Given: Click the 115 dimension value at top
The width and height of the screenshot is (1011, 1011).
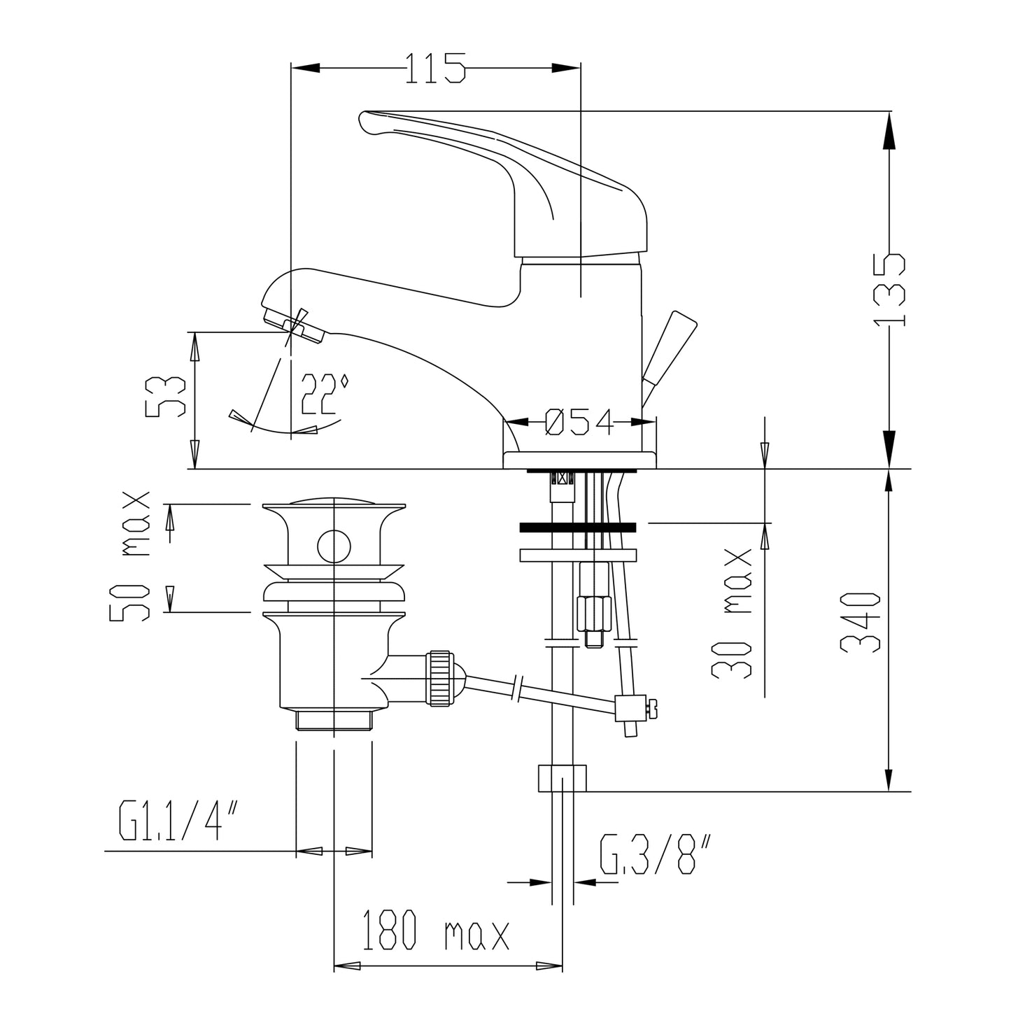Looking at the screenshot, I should [x=435, y=68].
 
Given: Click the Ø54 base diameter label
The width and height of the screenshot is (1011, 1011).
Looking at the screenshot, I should [x=579, y=423].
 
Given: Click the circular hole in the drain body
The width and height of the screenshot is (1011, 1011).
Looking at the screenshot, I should [x=334, y=545].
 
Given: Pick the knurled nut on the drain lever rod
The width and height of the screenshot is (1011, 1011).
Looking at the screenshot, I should [x=440, y=678].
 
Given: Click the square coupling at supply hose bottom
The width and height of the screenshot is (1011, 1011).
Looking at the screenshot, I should [x=562, y=778].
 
